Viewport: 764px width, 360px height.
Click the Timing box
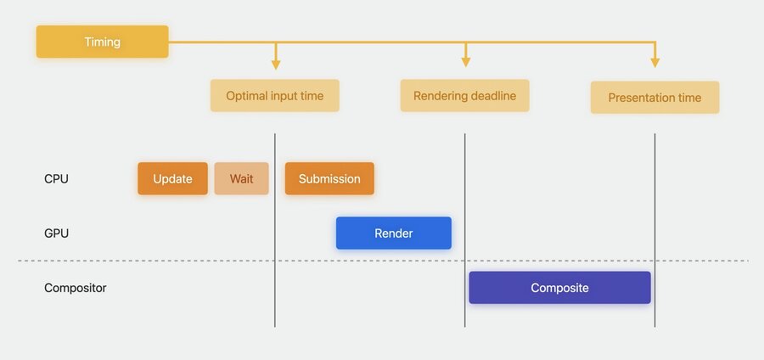pyautogui.click(x=103, y=42)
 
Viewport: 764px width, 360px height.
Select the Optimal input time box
pyautogui.click(x=275, y=96)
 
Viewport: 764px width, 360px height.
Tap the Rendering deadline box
pyautogui.click(x=465, y=96)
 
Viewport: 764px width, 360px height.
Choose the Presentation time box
pyautogui.click(x=654, y=98)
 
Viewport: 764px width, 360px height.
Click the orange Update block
pyautogui.click(x=172, y=179)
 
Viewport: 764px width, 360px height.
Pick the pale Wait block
pyautogui.click(x=242, y=179)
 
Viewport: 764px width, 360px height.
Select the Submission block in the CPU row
pyautogui.click(x=329, y=179)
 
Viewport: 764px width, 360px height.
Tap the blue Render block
pyautogui.click(x=394, y=233)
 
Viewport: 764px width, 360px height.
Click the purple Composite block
pyautogui.click(x=560, y=288)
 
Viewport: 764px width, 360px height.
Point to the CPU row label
pyautogui.click(x=57, y=179)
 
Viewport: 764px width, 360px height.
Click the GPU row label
pyautogui.click(x=57, y=233)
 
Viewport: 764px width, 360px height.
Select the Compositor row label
pyautogui.click(x=76, y=288)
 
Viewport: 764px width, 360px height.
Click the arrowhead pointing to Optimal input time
pyautogui.click(x=276, y=65)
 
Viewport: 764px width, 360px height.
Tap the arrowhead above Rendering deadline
pyautogui.click(x=466, y=62)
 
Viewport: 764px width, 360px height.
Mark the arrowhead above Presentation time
pyautogui.click(x=655, y=63)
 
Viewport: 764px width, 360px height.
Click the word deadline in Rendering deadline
pyautogui.click(x=492, y=96)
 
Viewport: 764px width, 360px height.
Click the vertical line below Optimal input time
pyautogui.click(x=275, y=230)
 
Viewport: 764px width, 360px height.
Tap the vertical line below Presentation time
pyautogui.click(x=654, y=230)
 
